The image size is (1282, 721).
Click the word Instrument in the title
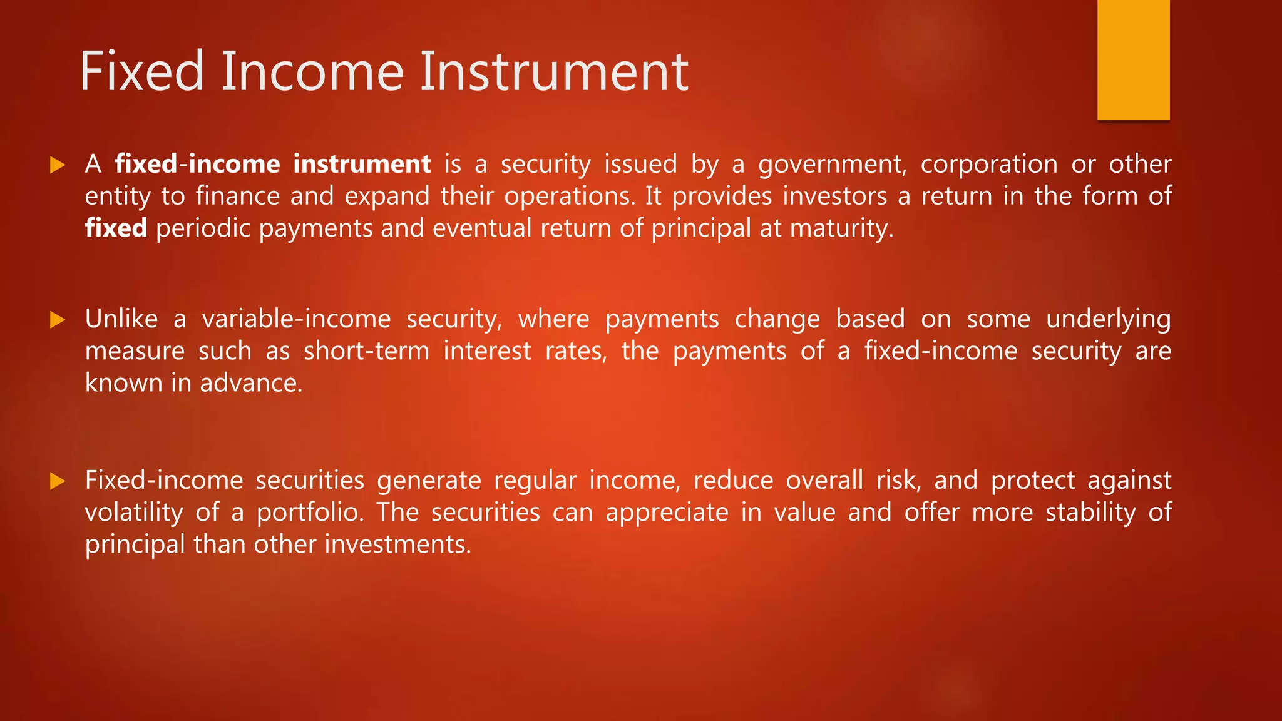pos(553,72)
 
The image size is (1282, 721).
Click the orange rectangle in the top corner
pos(1133,59)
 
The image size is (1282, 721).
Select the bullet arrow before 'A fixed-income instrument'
pos(58,165)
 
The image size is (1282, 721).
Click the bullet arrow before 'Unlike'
pos(58,320)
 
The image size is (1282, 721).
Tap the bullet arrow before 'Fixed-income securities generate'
pos(58,481)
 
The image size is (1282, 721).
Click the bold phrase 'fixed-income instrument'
pos(273,165)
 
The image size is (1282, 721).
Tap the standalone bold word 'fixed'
pos(116,228)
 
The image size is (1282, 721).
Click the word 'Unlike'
pos(121,319)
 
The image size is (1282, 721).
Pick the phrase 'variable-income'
pos(296,319)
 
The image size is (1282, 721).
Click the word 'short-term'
pos(366,351)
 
